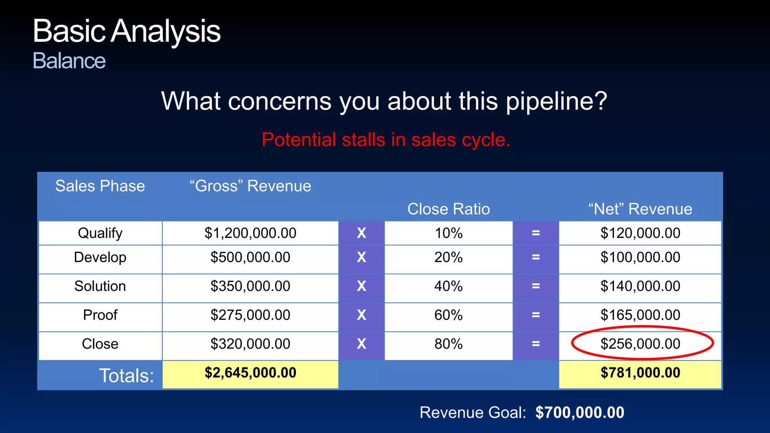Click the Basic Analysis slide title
pyautogui.click(x=126, y=31)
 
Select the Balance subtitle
pyautogui.click(x=69, y=61)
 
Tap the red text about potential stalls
pyautogui.click(x=386, y=140)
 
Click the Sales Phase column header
pyautogui.click(x=100, y=186)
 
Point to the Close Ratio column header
pyautogui.click(x=449, y=209)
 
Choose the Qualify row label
pyautogui.click(x=100, y=233)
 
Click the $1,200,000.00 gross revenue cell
pyautogui.click(x=250, y=233)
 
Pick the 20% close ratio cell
pyautogui.click(x=449, y=257)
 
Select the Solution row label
pyautogui.click(x=100, y=286)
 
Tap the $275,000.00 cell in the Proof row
pyautogui.click(x=250, y=315)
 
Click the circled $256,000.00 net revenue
pyautogui.click(x=640, y=344)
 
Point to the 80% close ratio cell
pyautogui.click(x=449, y=344)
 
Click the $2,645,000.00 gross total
pyautogui.click(x=250, y=373)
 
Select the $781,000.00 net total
pyautogui.click(x=640, y=373)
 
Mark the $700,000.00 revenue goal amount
pyautogui.click(x=580, y=413)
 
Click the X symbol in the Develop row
pyautogui.click(x=361, y=257)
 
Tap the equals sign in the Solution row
pyautogui.click(x=536, y=286)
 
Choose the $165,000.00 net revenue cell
pyautogui.click(x=640, y=315)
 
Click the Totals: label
pyautogui.click(x=126, y=376)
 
